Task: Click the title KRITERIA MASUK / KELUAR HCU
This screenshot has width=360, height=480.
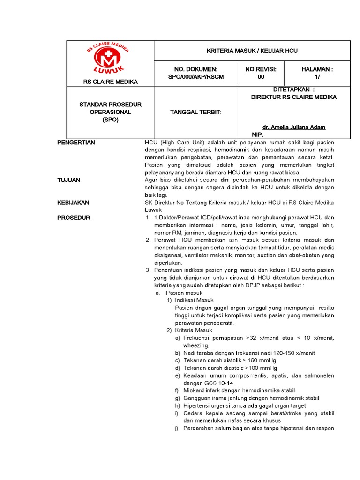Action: click(x=252, y=51)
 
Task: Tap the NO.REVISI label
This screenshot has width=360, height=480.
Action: click(x=261, y=69)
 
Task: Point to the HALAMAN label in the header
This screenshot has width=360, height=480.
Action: click(x=317, y=69)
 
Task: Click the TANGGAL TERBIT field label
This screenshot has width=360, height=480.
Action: click(x=195, y=112)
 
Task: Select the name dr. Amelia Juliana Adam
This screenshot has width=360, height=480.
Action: click(x=294, y=127)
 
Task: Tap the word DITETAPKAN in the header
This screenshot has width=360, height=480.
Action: click(x=292, y=90)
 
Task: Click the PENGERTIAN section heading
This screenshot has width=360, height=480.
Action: click(x=76, y=142)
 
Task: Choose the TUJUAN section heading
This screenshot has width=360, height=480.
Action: click(x=69, y=180)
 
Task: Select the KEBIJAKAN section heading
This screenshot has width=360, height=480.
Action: click(x=73, y=202)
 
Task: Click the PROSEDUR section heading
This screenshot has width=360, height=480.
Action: click(x=74, y=217)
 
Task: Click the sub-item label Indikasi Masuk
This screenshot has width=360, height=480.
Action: click(x=194, y=300)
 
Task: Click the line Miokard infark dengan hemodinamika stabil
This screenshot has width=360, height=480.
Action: click(x=239, y=390)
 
